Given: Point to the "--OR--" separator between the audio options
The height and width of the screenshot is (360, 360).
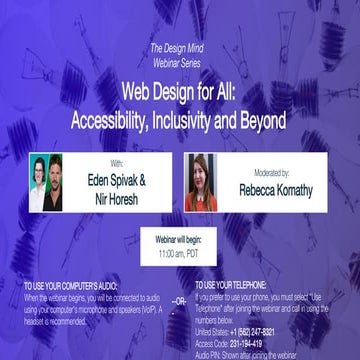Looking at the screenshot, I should (179, 300).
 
